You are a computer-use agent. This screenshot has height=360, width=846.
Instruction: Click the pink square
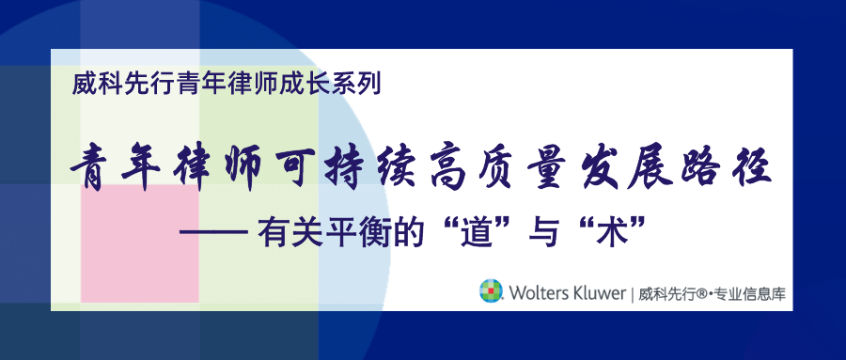[140, 243]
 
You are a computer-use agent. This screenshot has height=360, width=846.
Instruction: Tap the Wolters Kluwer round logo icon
[491, 290]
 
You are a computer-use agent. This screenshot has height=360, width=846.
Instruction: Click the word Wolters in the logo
[540, 293]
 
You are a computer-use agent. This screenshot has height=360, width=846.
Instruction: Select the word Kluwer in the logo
[601, 293]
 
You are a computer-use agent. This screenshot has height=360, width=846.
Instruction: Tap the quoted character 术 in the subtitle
[611, 232]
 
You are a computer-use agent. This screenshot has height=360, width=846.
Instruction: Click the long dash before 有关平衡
[213, 234]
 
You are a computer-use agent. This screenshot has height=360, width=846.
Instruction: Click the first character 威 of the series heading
[83, 85]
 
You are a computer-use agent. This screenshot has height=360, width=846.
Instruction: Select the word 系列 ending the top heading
[359, 85]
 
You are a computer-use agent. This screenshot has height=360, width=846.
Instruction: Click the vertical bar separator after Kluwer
[633, 294]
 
